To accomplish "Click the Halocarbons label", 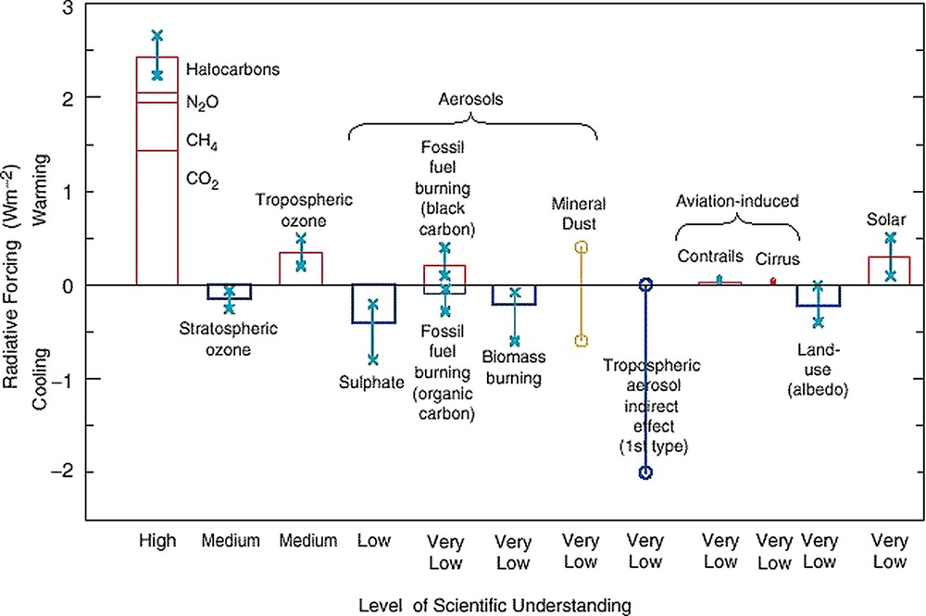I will [x=232, y=69].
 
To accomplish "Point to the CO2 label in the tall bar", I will [x=202, y=180].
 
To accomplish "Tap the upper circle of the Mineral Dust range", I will [x=582, y=247].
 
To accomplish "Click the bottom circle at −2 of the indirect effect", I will [x=646, y=472].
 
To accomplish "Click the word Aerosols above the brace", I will [x=472, y=99].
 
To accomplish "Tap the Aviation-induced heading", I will [x=737, y=200].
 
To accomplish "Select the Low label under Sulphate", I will [x=373, y=540].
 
